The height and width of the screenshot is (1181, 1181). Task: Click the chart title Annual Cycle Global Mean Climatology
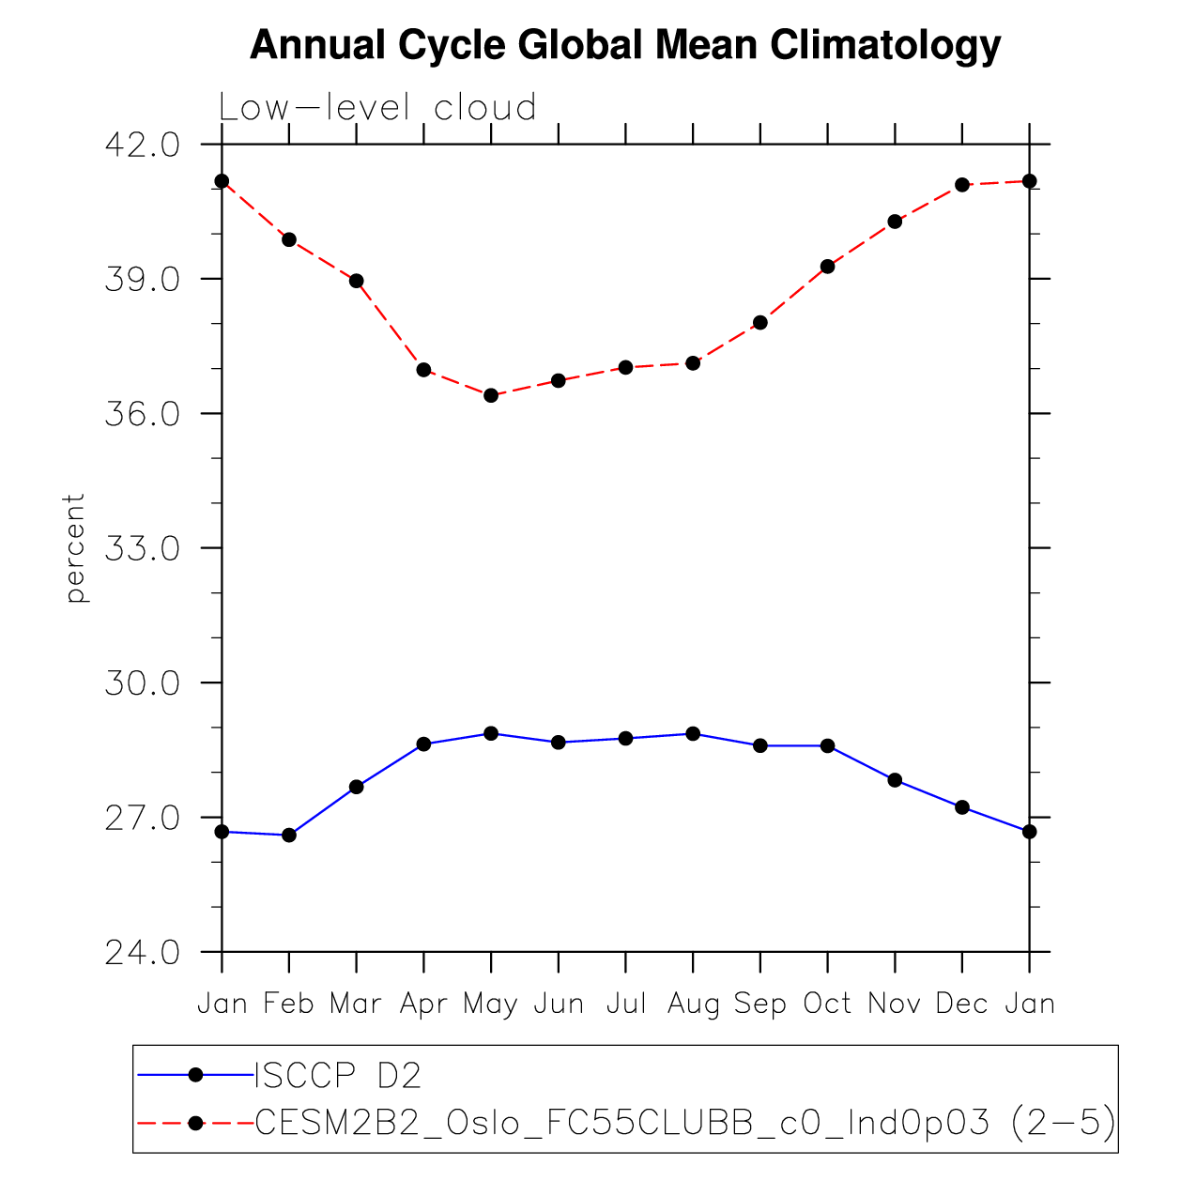click(x=625, y=45)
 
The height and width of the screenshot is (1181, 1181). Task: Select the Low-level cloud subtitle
click(x=377, y=108)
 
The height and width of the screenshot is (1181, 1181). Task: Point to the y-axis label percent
click(x=76, y=547)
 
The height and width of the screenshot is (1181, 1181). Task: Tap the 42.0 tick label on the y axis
click(x=142, y=146)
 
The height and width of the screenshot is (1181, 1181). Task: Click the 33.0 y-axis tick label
click(x=142, y=549)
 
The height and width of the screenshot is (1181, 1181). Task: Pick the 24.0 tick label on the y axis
click(x=142, y=953)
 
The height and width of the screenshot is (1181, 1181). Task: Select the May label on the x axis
click(x=491, y=1005)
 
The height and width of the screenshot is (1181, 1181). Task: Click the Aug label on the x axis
click(x=693, y=1005)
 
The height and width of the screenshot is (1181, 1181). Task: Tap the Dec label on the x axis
click(x=962, y=1005)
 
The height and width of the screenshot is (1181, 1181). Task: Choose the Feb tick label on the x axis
click(x=289, y=1005)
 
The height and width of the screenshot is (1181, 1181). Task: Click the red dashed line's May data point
click(x=491, y=395)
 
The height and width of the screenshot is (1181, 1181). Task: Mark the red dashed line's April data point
click(x=423, y=370)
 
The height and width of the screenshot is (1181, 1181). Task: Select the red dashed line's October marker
click(x=827, y=267)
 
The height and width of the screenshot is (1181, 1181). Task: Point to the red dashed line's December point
click(x=962, y=185)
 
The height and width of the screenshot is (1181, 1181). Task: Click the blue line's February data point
click(x=289, y=835)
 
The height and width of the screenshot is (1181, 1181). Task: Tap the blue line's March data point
click(x=357, y=787)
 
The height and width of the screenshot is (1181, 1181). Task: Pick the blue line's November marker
click(x=895, y=780)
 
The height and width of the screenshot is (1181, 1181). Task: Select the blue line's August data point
click(x=693, y=733)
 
